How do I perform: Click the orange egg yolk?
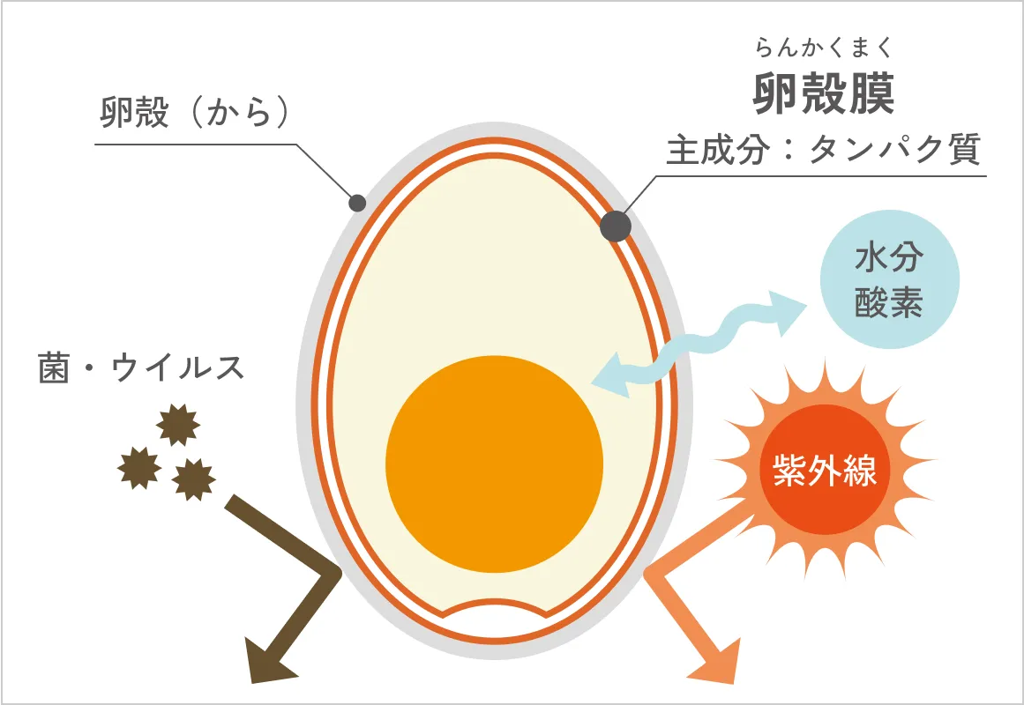click(x=495, y=464)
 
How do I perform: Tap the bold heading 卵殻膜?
click(x=824, y=93)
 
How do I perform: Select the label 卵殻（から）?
click(x=195, y=112)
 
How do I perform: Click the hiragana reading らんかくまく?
click(x=823, y=48)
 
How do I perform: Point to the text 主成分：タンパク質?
click(x=823, y=150)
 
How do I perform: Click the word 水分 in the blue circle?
click(x=889, y=257)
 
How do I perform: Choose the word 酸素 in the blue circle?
click(x=889, y=302)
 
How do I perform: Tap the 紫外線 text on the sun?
click(x=824, y=470)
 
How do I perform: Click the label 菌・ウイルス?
click(x=141, y=367)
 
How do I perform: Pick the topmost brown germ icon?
click(x=178, y=424)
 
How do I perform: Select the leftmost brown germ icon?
click(x=139, y=468)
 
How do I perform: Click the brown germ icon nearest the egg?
click(x=193, y=479)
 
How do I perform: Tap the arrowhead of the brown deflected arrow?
click(x=268, y=661)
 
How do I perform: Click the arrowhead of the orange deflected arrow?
click(x=717, y=661)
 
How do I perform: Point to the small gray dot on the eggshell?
click(x=357, y=203)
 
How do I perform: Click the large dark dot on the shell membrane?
click(x=615, y=226)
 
